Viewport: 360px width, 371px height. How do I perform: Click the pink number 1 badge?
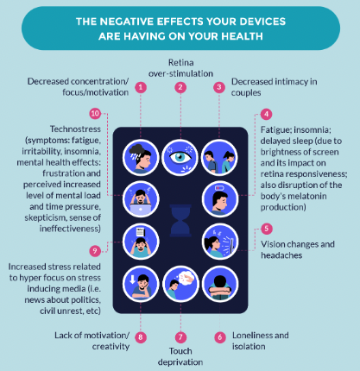[141, 87]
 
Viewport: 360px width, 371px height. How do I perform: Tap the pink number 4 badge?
[266, 114]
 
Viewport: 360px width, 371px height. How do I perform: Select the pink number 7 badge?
[180, 336]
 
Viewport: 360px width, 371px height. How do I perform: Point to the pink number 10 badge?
[95, 114]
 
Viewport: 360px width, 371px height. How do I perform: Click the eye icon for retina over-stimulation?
[180, 157]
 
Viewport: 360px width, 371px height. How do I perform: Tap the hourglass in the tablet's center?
[180, 220]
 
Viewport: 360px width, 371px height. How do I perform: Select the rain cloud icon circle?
[141, 157]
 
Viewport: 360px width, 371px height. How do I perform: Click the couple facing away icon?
[220, 157]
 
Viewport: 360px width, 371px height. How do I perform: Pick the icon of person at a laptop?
[141, 199]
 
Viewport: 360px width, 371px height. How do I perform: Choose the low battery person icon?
[220, 199]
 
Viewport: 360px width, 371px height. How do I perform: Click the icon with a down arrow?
[141, 284]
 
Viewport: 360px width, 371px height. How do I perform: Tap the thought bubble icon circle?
[180, 284]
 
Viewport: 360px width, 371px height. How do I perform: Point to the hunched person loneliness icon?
[220, 284]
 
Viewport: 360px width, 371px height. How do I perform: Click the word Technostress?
[75, 129]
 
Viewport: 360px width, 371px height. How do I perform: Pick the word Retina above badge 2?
[181, 62]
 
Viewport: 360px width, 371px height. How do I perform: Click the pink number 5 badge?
[267, 229]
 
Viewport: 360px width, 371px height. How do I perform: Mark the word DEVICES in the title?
[262, 22]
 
